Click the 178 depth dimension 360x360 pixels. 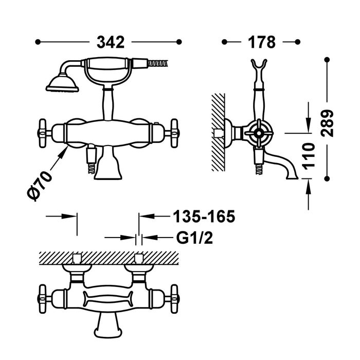pos(261,42)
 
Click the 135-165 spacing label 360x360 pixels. pos(203,217)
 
